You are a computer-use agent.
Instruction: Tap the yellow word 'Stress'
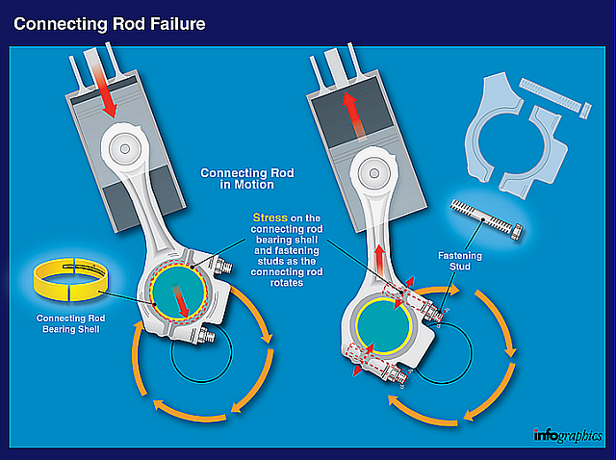pos(269,217)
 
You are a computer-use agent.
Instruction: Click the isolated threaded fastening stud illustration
pos(487,220)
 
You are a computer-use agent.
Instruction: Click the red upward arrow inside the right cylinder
pos(346,114)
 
